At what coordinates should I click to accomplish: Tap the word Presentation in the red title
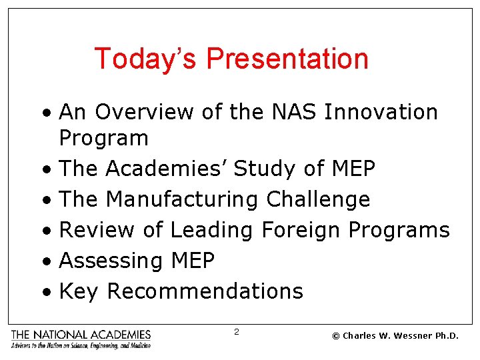(287, 59)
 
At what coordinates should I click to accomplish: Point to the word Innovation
(381, 112)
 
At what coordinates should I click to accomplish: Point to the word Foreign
(301, 230)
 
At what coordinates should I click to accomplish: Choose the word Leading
(211, 230)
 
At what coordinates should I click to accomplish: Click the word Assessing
(111, 261)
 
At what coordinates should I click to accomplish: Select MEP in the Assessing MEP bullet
(192, 261)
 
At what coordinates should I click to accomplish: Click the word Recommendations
(205, 291)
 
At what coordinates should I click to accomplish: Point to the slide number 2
(237, 331)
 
